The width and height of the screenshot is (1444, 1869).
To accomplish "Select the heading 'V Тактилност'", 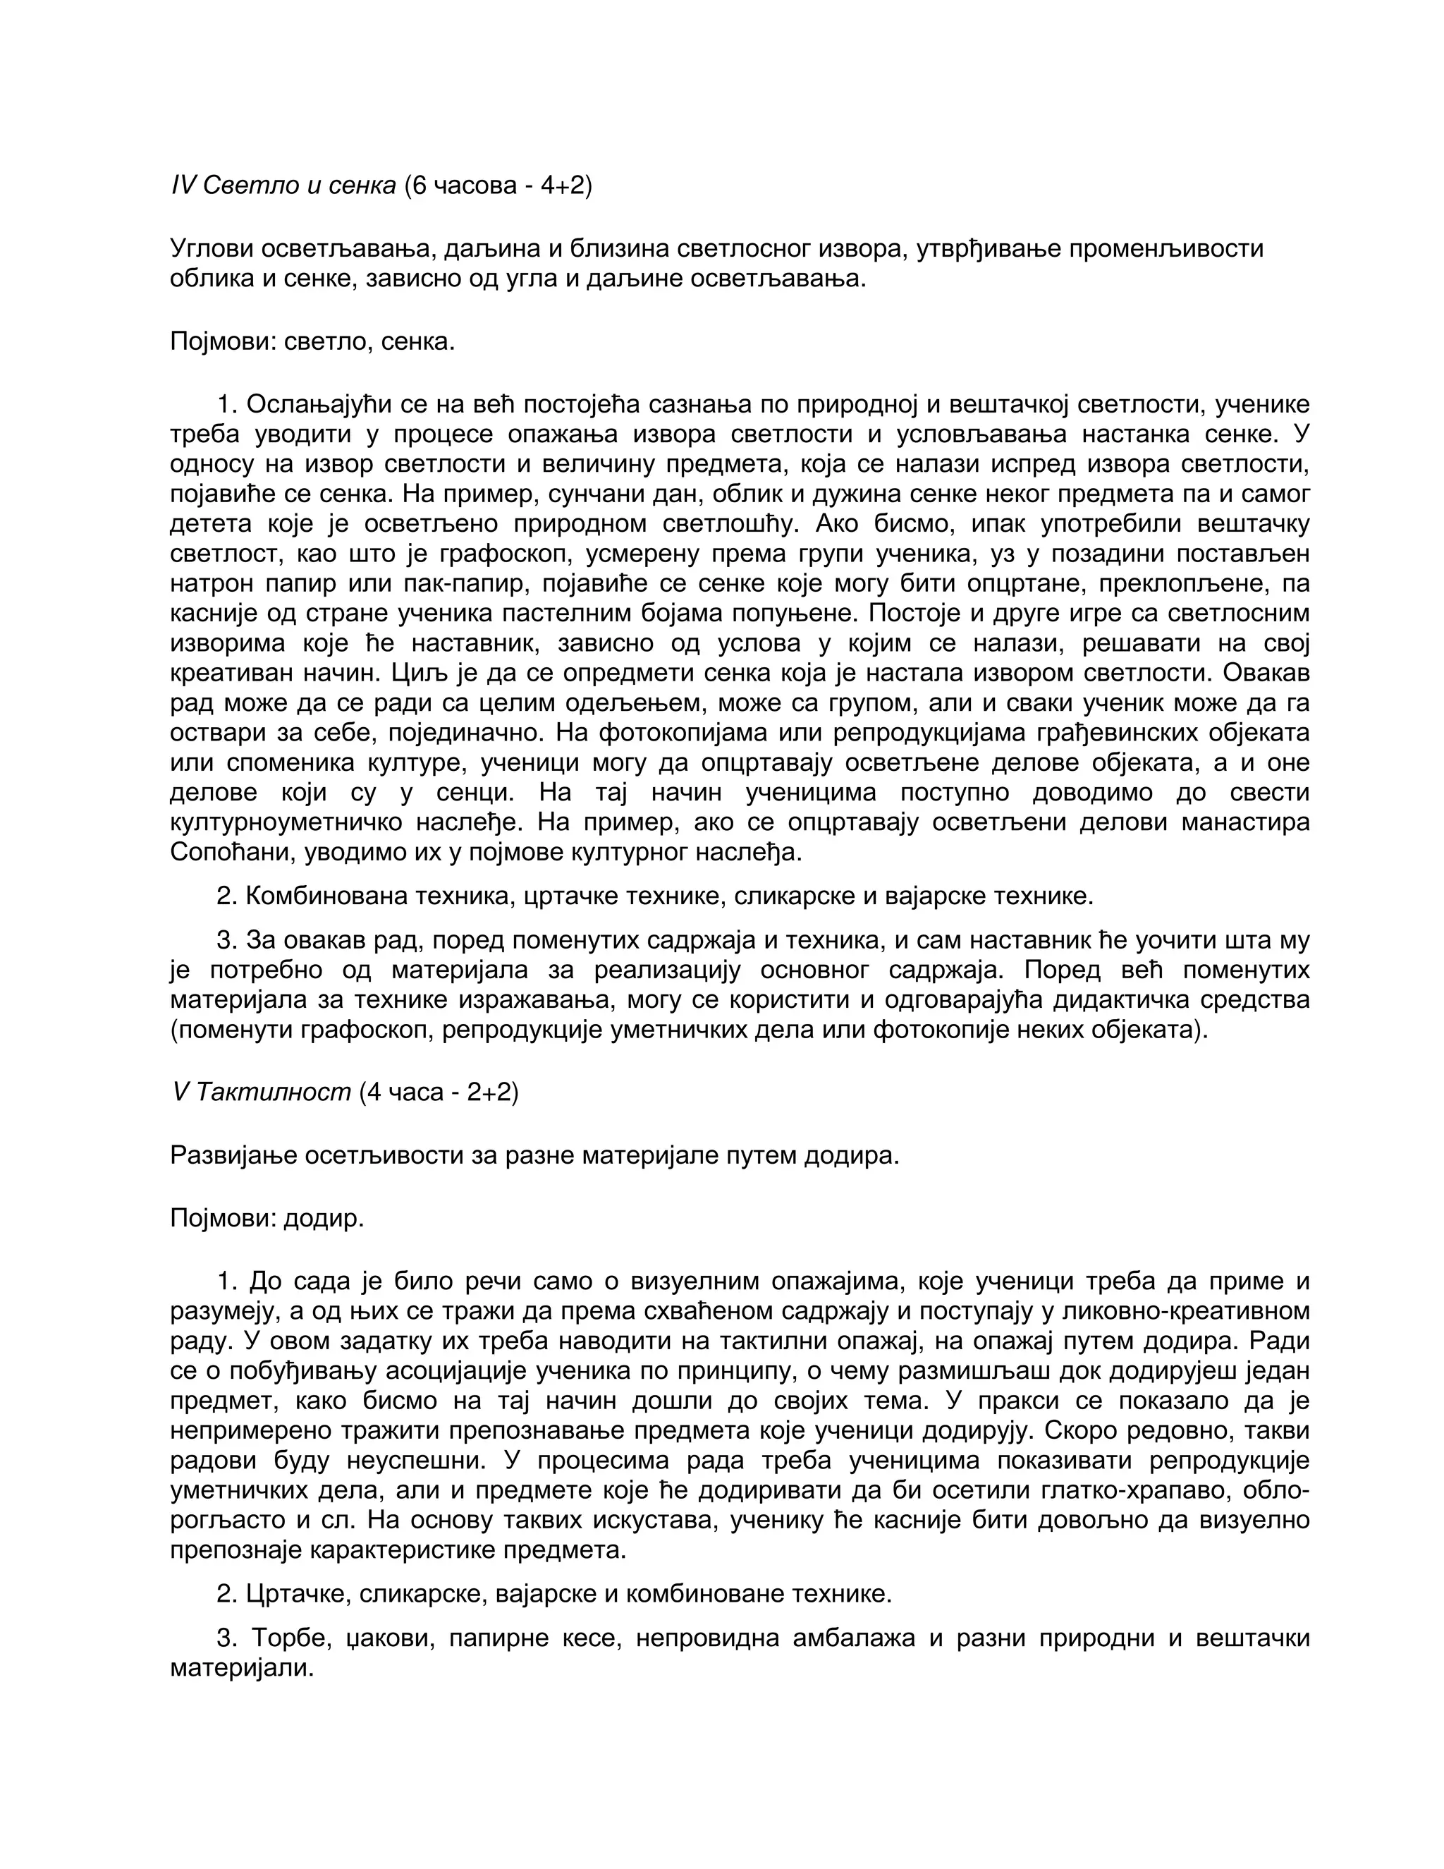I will (x=262, y=1092).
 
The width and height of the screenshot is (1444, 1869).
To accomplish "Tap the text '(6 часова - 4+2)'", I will (x=497, y=185).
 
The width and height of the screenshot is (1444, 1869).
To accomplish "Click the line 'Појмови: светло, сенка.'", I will (x=312, y=342).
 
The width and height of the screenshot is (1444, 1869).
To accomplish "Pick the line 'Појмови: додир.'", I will (x=267, y=1218).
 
